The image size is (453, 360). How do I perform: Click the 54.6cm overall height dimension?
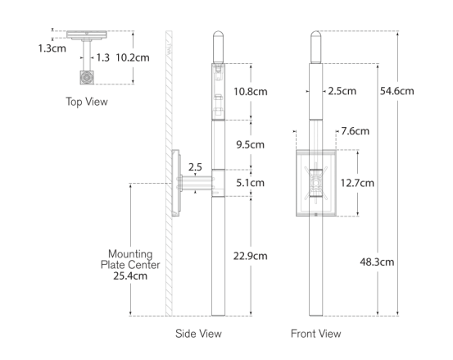pyautogui.click(x=397, y=91)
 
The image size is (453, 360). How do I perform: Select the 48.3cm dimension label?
pyautogui.click(x=377, y=262)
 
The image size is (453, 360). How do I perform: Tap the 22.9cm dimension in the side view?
pyautogui.click(x=250, y=256)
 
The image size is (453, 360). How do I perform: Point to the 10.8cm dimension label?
pyautogui.click(x=251, y=92)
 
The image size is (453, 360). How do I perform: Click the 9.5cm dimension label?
pyautogui.click(x=250, y=144)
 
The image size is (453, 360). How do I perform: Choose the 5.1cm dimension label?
pyautogui.click(x=250, y=183)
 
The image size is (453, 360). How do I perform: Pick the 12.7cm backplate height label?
pyautogui.click(x=357, y=183)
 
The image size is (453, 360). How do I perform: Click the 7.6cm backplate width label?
pyautogui.click(x=355, y=131)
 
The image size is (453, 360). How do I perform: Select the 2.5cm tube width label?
pyautogui.click(x=342, y=91)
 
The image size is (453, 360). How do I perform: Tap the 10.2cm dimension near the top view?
pyautogui.click(x=133, y=58)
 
